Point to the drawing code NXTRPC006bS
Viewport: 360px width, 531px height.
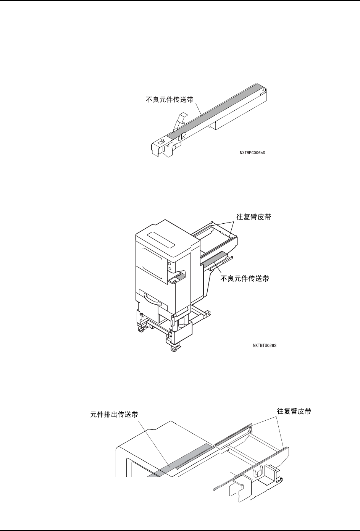click(x=252, y=153)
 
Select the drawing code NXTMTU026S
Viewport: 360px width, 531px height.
click(x=264, y=346)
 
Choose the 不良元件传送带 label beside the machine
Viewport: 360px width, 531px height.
click(x=245, y=279)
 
